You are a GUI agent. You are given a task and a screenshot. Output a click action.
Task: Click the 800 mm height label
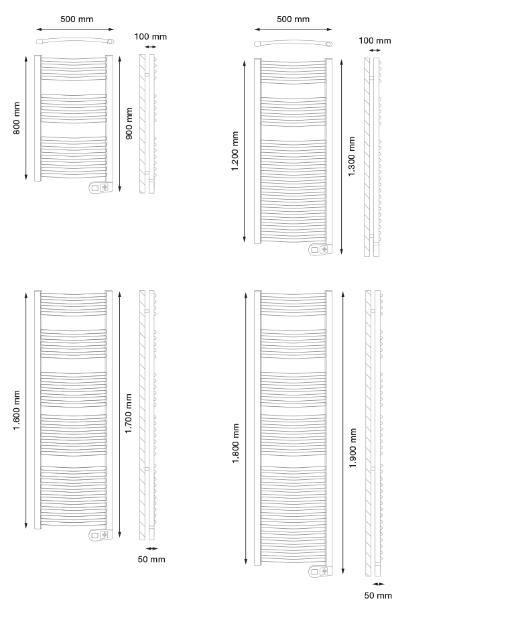(x=17, y=118)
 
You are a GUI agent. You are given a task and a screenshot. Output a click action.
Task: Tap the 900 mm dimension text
(x=129, y=123)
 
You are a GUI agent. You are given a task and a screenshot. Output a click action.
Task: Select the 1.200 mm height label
(x=235, y=151)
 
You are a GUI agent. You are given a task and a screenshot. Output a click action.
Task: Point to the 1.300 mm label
(x=351, y=156)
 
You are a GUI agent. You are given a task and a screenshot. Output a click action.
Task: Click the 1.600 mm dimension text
(x=16, y=410)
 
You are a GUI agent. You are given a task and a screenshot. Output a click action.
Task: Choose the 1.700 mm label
(x=129, y=414)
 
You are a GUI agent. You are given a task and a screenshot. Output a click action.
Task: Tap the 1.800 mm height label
(x=235, y=444)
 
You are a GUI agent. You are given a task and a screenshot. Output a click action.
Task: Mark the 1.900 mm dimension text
(x=353, y=448)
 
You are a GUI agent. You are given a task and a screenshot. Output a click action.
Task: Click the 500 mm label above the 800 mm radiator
(x=76, y=19)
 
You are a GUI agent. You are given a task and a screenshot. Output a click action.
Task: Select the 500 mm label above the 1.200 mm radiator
(x=293, y=19)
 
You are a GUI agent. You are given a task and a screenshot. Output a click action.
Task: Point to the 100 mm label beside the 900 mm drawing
(x=150, y=37)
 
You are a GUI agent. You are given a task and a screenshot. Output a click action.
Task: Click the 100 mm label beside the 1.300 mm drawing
(x=375, y=41)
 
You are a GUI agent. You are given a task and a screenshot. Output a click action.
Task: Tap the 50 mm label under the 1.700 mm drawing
(x=151, y=559)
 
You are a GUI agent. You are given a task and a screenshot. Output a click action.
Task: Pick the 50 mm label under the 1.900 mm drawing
(x=378, y=595)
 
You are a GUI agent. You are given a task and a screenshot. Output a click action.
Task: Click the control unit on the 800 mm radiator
(x=101, y=188)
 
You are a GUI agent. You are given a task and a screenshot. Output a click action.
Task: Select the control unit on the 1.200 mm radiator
(x=320, y=249)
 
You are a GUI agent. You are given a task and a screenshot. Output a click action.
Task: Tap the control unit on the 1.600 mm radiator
(x=101, y=535)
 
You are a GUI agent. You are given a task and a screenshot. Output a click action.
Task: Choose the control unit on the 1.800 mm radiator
(x=320, y=571)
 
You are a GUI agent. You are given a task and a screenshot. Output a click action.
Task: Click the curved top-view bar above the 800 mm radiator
(x=75, y=40)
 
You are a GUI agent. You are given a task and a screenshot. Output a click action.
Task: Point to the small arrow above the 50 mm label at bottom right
(x=378, y=584)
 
